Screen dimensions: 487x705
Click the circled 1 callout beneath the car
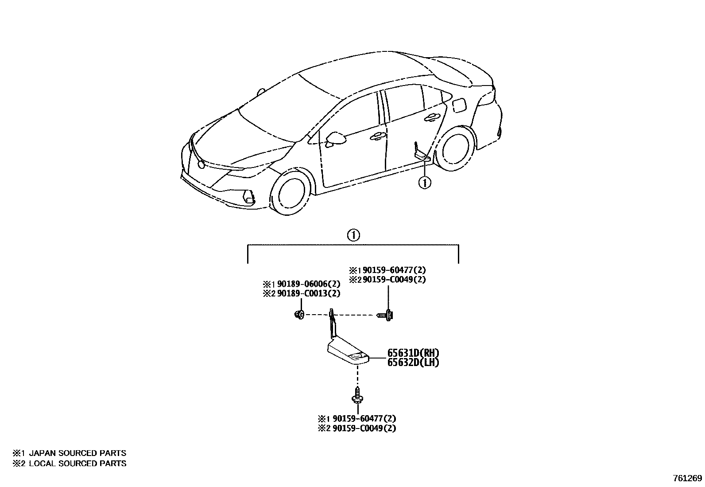click(x=425, y=182)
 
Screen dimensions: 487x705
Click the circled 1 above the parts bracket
click(x=353, y=235)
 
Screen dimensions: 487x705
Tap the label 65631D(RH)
click(x=413, y=353)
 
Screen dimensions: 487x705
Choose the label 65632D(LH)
click(x=413, y=362)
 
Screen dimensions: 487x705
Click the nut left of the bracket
click(x=299, y=315)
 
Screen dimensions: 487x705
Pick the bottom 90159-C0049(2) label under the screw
click(x=364, y=428)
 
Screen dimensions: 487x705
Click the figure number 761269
click(x=687, y=478)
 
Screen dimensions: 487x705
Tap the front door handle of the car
click(x=377, y=136)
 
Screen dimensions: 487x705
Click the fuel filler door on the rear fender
click(x=459, y=105)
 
